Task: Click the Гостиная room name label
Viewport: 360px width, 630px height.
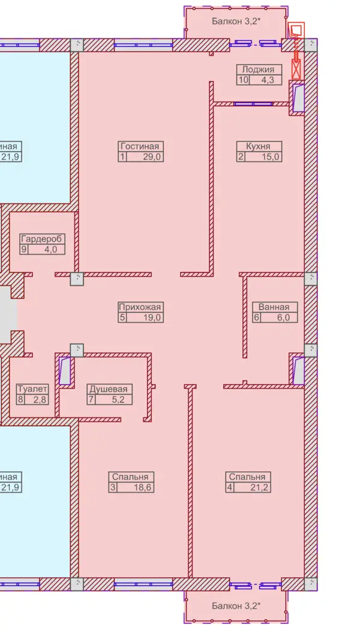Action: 141,146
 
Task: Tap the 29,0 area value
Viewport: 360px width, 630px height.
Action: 152,157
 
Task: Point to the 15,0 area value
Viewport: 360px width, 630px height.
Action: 270,157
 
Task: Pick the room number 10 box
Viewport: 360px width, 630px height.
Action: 244,80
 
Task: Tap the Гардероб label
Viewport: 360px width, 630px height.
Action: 42,239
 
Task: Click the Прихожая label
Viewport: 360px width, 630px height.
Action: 140,307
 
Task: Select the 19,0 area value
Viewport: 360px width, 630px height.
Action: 152,318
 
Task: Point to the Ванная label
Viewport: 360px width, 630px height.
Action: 275,307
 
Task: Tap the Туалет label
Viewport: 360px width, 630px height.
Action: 32,389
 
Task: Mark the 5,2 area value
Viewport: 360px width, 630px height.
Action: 121,400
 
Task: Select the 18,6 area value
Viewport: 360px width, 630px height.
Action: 143,488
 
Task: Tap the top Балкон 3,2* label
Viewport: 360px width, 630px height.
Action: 236,21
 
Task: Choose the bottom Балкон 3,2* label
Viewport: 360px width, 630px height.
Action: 236,605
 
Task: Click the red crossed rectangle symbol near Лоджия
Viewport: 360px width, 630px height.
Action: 296,68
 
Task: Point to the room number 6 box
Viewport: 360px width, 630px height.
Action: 257,318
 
